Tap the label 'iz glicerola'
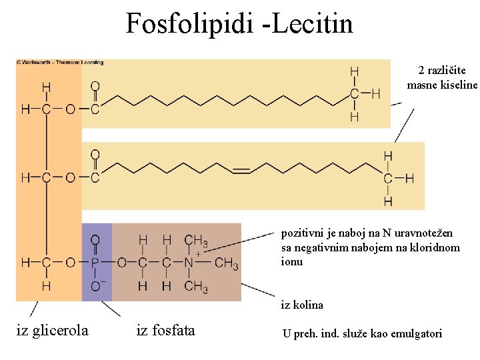tap(52, 329)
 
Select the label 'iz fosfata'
tap(165, 329)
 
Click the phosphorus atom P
tap(95, 263)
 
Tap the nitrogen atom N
tap(189, 263)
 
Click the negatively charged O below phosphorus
tap(96, 287)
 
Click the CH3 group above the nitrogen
tap(195, 240)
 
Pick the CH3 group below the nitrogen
tap(195, 287)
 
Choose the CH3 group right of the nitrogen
tap(227, 263)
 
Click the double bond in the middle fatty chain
tap(241, 171)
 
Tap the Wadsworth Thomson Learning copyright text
tap(60, 63)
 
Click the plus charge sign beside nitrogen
tap(199, 253)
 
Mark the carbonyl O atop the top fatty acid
tap(95, 86)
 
